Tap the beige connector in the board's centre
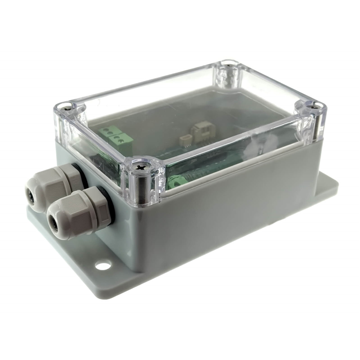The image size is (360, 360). tap(200, 131)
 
